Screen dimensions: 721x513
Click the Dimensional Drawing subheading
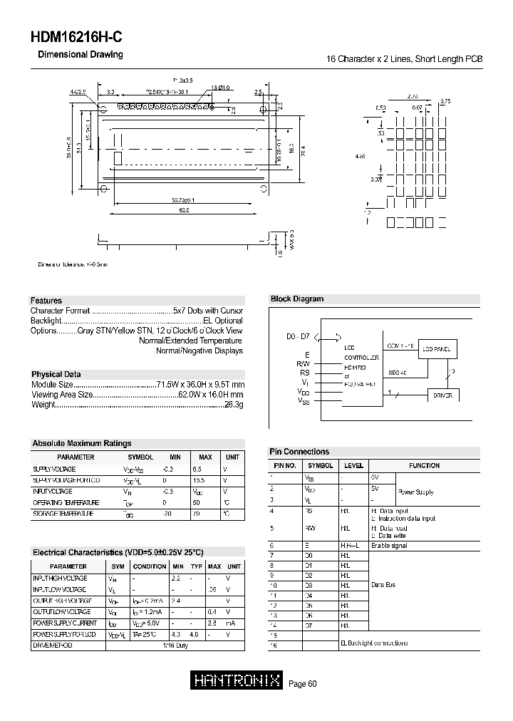[80, 55]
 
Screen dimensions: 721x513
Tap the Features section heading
[46, 301]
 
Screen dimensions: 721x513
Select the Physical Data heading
[56, 374]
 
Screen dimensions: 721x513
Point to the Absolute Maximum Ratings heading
[81, 443]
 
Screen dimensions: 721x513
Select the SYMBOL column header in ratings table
[140, 457]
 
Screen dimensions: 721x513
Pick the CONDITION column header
[150, 566]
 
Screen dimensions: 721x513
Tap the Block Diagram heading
[296, 299]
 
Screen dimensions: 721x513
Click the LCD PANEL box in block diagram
[436, 348]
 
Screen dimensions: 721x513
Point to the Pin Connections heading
[299, 452]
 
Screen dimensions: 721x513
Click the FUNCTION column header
[424, 465]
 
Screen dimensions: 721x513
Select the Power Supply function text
[415, 492]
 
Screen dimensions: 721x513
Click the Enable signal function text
[389, 546]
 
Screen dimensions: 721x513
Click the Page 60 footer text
[302, 684]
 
